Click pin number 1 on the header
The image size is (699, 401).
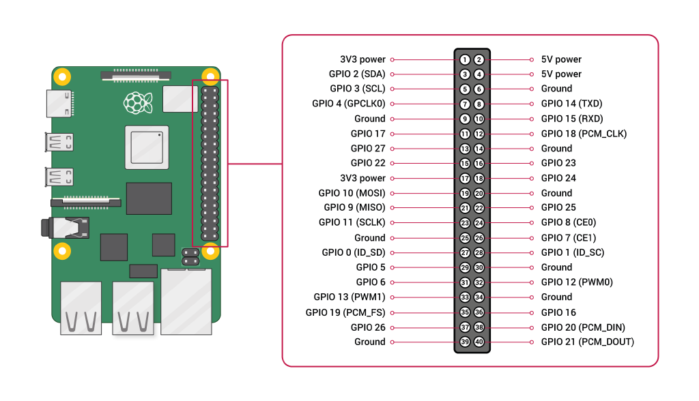[465, 59]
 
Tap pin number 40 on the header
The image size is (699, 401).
[479, 342]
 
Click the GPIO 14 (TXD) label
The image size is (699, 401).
[571, 104]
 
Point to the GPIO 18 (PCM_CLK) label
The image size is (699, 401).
[584, 134]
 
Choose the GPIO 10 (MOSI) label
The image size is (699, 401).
[352, 193]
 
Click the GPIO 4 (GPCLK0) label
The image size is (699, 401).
[349, 104]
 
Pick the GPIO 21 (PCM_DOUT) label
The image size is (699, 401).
[587, 342]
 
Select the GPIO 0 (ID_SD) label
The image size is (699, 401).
[354, 252]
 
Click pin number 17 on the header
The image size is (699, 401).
[465, 178]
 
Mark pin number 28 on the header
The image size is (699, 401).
[479, 252]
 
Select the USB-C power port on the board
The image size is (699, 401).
[59, 103]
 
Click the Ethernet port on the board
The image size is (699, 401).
[186, 301]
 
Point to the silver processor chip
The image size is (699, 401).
[146, 147]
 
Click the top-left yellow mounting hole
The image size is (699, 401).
[61, 76]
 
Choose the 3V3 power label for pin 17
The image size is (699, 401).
[362, 178]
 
